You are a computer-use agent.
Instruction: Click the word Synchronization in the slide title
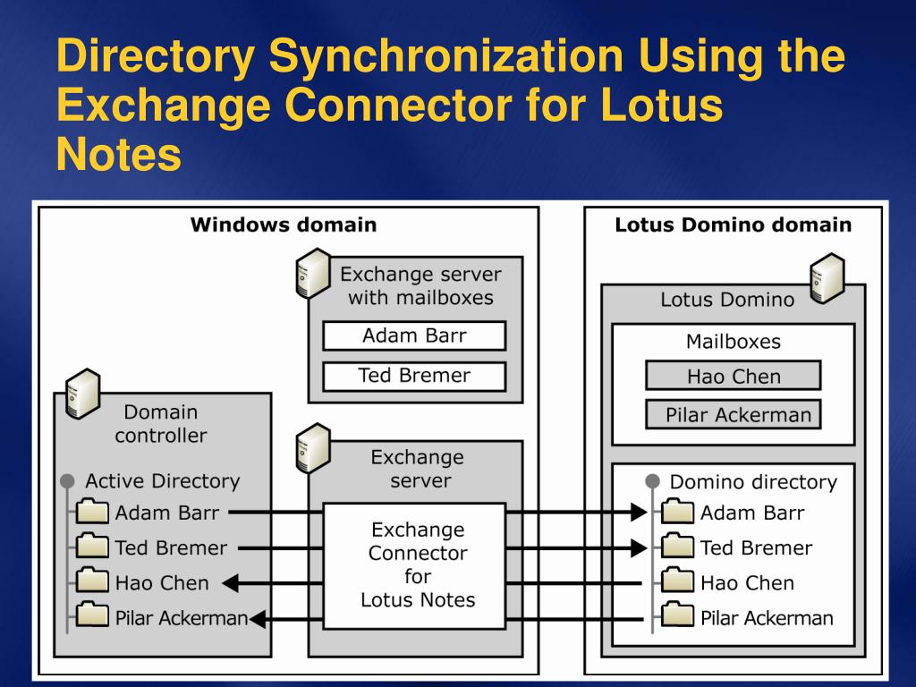coord(445,57)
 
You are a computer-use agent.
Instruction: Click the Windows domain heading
coord(283,225)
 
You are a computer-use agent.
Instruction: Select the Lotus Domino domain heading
coord(733,225)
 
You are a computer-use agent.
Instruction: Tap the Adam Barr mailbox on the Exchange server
coord(414,336)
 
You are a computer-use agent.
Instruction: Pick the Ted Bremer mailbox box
coord(414,376)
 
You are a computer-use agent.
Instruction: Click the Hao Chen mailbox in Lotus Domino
coord(733,376)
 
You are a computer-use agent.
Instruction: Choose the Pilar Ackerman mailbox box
coord(733,415)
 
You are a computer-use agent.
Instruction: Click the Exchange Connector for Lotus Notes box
coord(417,564)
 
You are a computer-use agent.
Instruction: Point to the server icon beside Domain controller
coord(81,394)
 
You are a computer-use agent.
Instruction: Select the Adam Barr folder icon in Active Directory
coord(93,513)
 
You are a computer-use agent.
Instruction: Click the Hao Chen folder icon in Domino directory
coord(678,582)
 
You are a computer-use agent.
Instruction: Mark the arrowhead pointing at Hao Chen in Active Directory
coord(229,583)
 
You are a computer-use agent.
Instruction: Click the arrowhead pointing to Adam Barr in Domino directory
coord(638,513)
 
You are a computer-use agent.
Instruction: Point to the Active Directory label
coord(162,481)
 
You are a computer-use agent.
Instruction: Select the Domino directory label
coord(752,482)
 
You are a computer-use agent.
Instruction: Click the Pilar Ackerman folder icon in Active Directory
coord(93,617)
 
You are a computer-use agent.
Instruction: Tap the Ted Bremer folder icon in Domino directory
coord(678,547)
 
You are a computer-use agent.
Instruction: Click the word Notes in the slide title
coord(118,155)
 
